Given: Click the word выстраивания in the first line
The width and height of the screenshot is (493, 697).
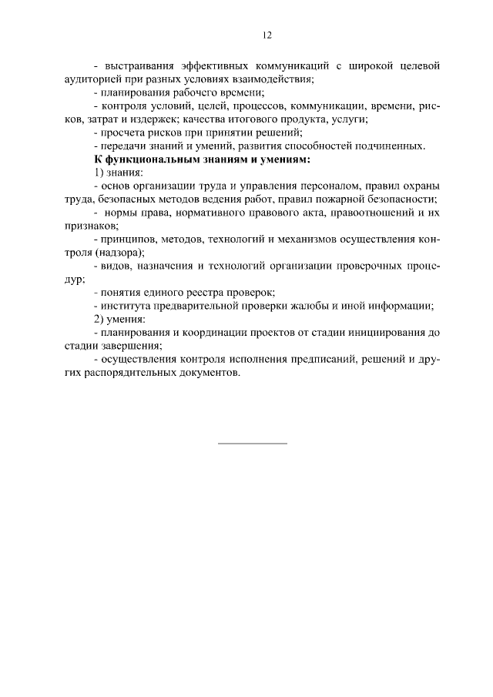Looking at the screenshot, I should coord(136,66).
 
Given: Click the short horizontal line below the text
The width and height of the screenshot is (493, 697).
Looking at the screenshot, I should coord(253,444).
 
